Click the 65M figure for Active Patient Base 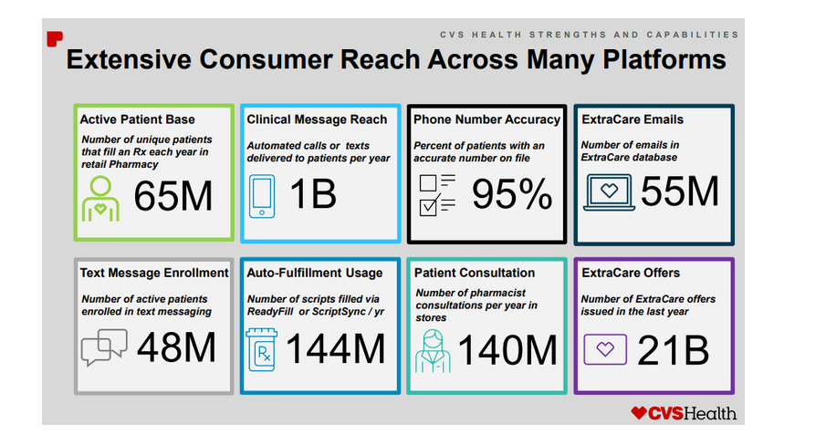[x=173, y=196]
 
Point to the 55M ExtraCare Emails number [x=680, y=191]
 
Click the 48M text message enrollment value [x=177, y=347]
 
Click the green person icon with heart [x=100, y=198]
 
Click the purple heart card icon [x=607, y=348]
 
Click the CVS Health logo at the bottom [x=684, y=413]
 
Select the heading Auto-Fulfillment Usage [x=315, y=273]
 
